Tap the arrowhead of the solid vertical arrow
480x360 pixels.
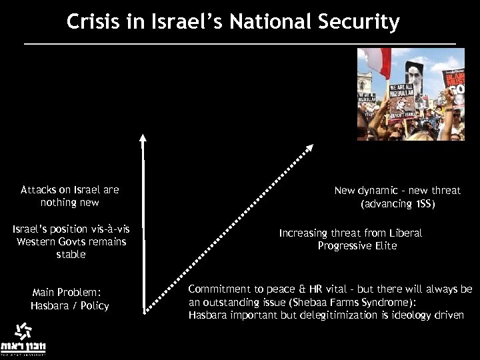[x=142, y=139]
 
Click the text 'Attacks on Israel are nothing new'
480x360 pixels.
[x=69, y=196]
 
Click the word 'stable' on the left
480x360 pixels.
[x=71, y=255]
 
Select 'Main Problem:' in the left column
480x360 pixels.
[x=65, y=293]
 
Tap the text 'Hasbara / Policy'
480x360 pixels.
[x=69, y=305]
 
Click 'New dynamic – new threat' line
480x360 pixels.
[x=397, y=191]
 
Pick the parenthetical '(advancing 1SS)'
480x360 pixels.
[x=397, y=203]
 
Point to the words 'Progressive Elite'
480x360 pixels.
[x=357, y=245]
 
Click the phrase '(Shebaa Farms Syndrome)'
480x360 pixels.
[x=342, y=302]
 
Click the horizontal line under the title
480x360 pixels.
[x=240, y=44]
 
